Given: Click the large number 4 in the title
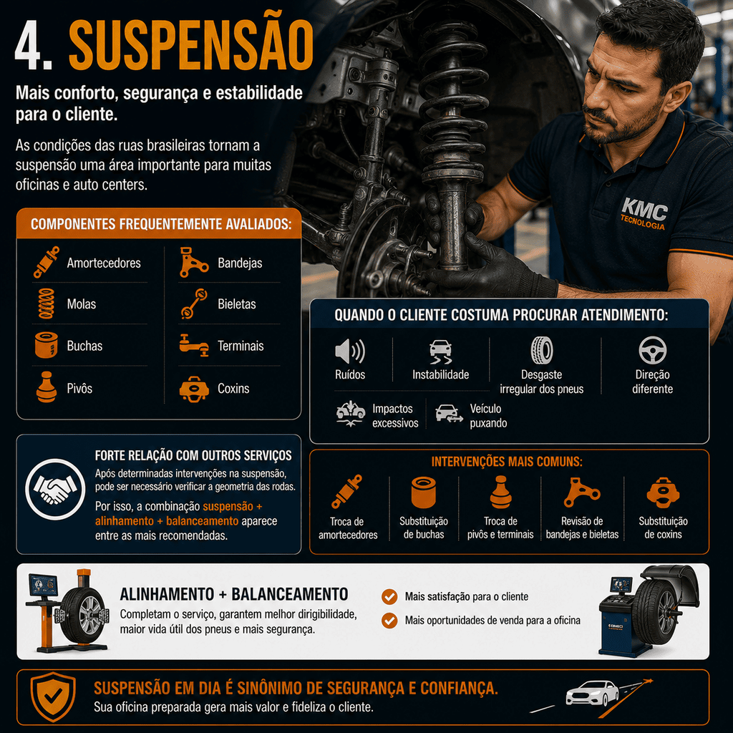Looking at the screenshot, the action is [31, 46].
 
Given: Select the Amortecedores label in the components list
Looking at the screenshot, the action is [104, 263].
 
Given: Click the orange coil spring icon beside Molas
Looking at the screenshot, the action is [47, 304].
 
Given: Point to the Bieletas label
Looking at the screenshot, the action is [236, 304].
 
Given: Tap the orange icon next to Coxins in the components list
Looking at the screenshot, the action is [194, 389].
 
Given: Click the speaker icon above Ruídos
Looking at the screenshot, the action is [349, 351].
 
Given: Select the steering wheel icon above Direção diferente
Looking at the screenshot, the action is [653, 350].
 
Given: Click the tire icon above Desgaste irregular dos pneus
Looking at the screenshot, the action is [542, 350].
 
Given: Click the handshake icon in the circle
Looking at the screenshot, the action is [55, 489].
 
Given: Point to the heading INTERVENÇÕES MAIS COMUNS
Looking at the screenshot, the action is [507, 462].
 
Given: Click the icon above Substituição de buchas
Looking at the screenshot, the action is [424, 492].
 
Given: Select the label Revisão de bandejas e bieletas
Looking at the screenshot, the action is [582, 528].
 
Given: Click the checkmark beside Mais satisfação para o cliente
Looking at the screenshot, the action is [389, 596].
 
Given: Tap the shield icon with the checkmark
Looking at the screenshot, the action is [53, 696].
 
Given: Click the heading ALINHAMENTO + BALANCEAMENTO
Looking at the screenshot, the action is [234, 594].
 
